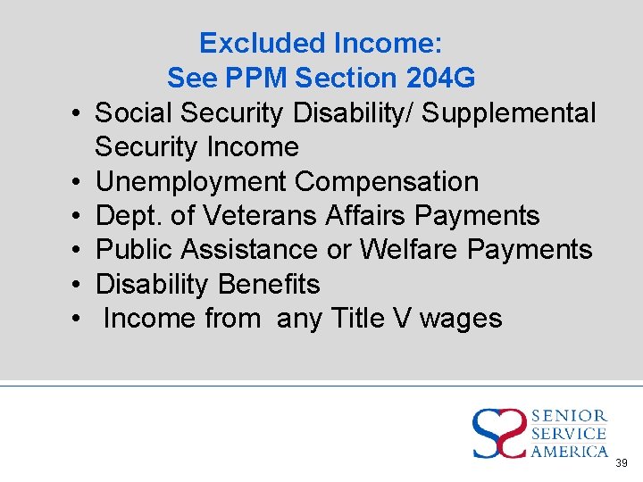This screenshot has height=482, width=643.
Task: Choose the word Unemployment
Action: coord(191,181)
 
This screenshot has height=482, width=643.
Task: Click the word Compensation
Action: coord(387,181)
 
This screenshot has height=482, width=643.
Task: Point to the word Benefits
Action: coord(270,284)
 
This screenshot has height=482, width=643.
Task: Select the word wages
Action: coord(461,318)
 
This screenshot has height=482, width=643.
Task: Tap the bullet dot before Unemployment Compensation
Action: coord(78,182)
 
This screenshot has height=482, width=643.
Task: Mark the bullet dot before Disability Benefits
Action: coord(78,285)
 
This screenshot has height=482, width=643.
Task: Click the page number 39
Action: coord(622,463)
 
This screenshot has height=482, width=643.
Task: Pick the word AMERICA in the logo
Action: coord(570,452)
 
